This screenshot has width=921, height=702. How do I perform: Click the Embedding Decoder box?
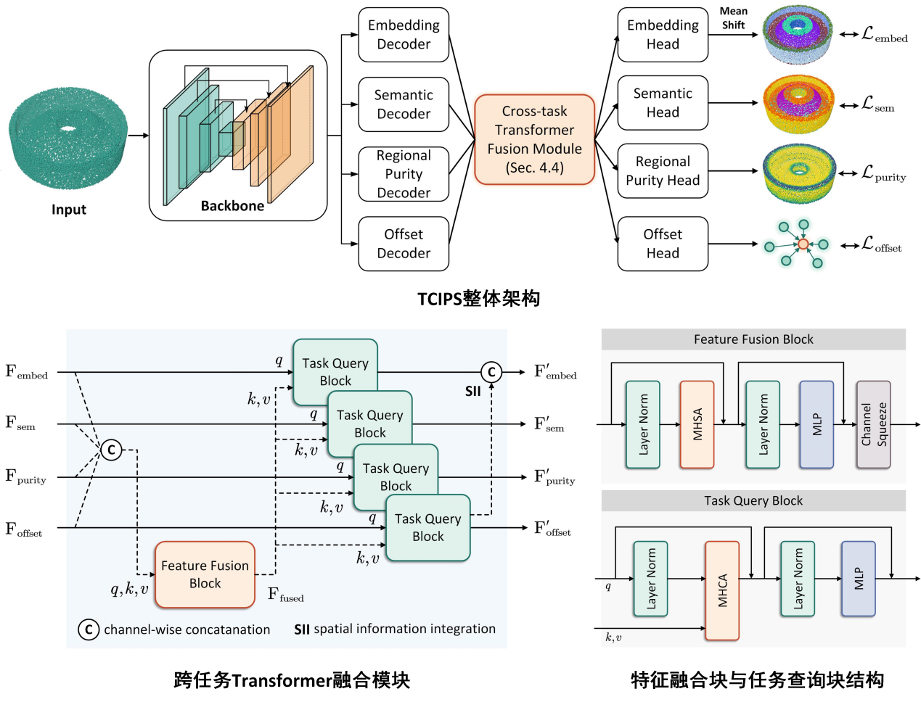[404, 35]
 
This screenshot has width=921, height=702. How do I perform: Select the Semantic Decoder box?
[404, 104]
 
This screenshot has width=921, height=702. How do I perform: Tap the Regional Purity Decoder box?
[404, 174]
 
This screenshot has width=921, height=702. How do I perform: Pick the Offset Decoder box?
[404, 244]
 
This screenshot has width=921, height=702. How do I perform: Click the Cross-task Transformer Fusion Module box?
[534, 139]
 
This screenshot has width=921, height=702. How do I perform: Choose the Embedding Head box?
[663, 35]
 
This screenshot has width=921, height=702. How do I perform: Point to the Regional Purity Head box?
[663, 171]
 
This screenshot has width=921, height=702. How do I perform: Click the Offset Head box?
[663, 244]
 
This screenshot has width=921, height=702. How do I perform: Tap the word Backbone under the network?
[232, 206]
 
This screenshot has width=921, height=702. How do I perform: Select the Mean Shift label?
[733, 18]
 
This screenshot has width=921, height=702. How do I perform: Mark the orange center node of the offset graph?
[803, 244]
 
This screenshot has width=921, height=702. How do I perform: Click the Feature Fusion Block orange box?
[205, 574]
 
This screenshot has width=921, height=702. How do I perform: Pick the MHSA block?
[697, 424]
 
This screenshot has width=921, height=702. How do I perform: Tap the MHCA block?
[722, 590]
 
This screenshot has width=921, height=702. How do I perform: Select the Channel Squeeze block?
[873, 424]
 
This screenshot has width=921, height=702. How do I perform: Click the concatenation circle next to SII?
[491, 372]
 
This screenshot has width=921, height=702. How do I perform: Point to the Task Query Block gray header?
[753, 500]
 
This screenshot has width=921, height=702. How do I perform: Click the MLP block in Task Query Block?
[859, 579]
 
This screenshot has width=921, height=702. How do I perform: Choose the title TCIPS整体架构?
[478, 299]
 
